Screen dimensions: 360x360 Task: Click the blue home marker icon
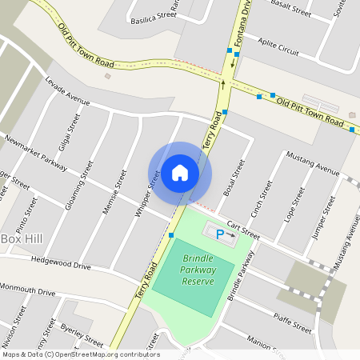[x=180, y=173]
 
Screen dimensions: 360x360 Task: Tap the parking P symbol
[x=220, y=234]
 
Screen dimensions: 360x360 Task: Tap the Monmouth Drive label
[x=28, y=289]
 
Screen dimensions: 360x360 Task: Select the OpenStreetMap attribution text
[x=80, y=354]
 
